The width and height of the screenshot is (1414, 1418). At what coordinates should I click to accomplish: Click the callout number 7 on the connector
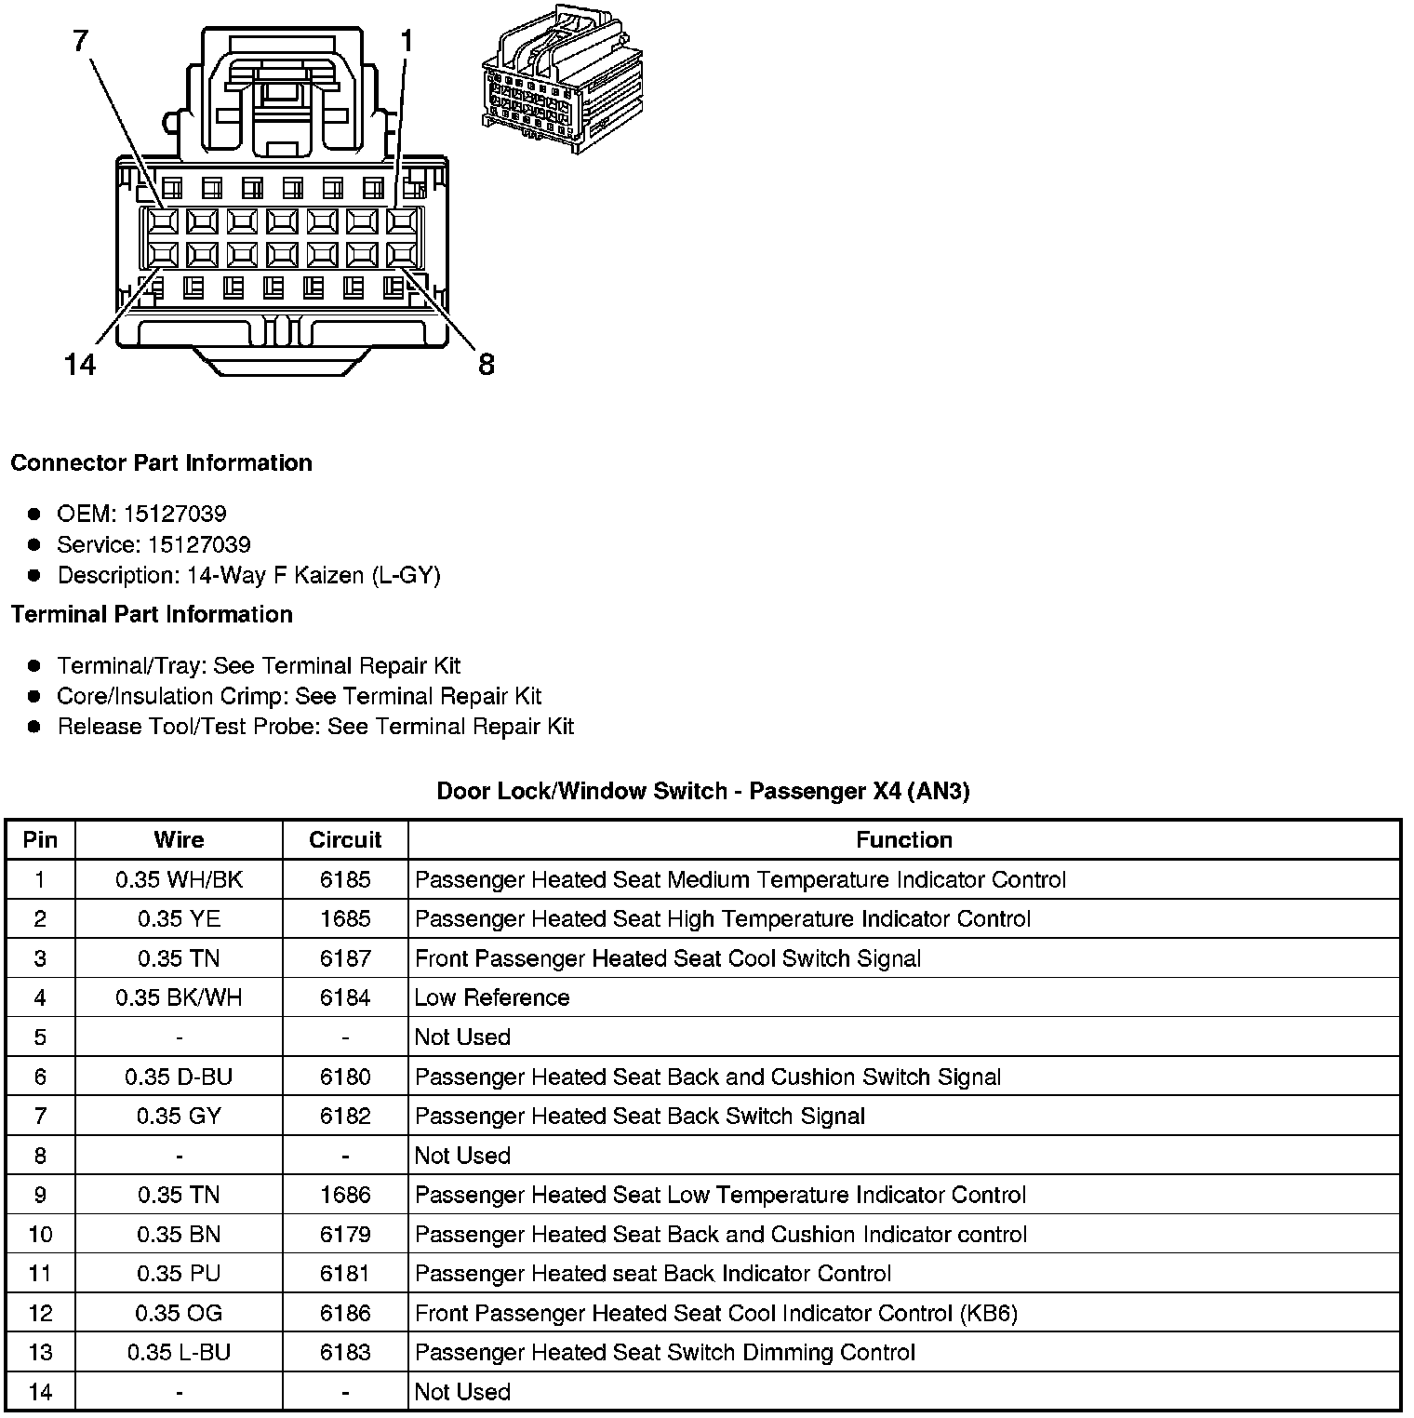tap(81, 40)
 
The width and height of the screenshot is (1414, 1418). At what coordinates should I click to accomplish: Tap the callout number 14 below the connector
tap(80, 364)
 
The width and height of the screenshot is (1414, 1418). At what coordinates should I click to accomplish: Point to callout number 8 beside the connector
tap(486, 364)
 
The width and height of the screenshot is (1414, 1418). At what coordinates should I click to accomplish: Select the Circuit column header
tap(345, 839)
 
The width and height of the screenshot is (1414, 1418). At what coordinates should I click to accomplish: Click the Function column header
tap(903, 839)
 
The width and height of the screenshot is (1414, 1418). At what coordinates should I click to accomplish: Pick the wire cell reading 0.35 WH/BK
tap(179, 879)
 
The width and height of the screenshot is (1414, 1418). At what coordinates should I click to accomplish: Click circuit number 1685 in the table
tap(345, 918)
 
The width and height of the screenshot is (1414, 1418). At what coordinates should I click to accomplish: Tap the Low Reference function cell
tap(492, 997)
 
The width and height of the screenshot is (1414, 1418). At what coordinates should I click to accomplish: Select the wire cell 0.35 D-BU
tap(179, 1077)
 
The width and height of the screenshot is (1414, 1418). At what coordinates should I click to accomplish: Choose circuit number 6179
tap(345, 1234)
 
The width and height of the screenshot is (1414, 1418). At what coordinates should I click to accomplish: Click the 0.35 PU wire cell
tap(179, 1273)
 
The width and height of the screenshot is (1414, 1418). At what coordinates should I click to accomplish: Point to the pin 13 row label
tap(40, 1352)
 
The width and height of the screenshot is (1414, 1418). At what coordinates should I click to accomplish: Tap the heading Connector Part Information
tap(161, 462)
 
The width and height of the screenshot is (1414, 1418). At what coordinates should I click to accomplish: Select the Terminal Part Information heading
tap(152, 614)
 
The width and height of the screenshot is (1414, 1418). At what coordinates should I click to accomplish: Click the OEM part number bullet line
tap(141, 514)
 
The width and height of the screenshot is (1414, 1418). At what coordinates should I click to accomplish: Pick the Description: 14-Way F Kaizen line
tap(248, 575)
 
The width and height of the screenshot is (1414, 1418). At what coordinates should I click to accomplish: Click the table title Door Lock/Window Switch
tap(702, 791)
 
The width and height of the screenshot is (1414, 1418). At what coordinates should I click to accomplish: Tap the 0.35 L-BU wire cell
tap(179, 1352)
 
